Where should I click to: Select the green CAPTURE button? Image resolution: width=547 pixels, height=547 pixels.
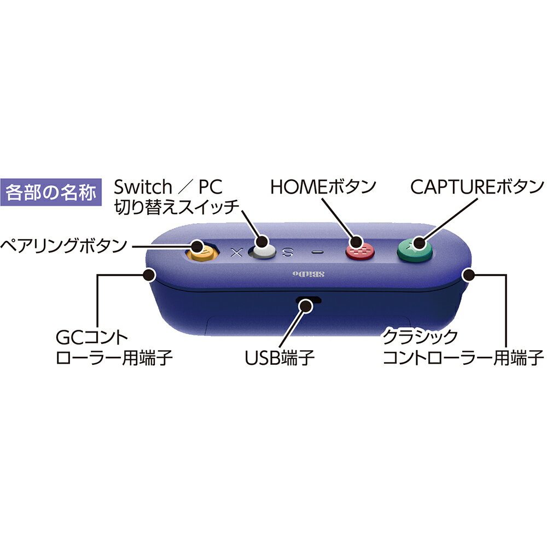415,249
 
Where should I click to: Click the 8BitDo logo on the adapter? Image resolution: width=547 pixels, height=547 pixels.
309,274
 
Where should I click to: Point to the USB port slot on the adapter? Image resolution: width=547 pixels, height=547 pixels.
309,300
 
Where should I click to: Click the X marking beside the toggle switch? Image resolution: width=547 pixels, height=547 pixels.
237,252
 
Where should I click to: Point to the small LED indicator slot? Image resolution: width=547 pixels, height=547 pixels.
317,252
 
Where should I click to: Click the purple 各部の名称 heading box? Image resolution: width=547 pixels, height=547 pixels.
51,192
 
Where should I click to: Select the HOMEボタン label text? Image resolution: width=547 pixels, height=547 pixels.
323,187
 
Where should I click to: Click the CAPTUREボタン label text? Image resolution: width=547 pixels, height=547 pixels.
477,187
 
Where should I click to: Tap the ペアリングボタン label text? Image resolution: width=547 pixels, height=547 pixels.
64,246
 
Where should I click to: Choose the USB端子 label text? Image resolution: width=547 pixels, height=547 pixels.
280,358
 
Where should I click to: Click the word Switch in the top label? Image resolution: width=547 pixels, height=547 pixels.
143,187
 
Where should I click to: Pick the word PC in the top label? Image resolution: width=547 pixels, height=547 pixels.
211,187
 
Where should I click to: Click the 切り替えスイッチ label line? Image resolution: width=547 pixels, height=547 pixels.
177,207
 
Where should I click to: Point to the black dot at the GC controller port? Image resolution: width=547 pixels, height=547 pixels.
149,275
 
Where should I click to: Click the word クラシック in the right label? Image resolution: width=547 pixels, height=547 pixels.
420,337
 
